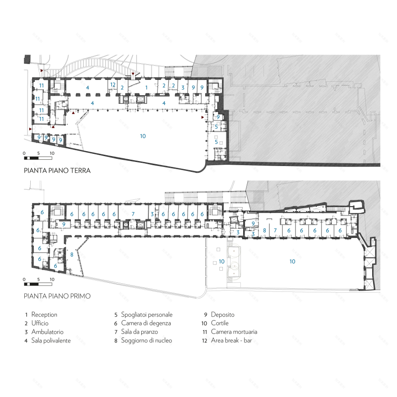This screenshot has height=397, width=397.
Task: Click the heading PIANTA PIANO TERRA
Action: (57, 171)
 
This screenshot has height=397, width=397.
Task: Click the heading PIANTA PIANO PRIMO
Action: (57, 296)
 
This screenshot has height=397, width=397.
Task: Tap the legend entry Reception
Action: (44, 315)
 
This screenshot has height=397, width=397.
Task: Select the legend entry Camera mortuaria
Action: (234, 332)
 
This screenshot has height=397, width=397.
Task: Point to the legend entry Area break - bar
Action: (231, 341)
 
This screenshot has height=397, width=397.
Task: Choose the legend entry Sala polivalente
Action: (51, 341)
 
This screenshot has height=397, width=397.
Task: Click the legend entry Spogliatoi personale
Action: (147, 315)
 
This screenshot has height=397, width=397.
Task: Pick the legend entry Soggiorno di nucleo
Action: (147, 341)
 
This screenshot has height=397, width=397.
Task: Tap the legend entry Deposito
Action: (223, 315)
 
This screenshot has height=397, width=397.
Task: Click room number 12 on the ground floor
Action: (113, 84)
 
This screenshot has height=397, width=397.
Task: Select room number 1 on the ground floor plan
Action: (146, 88)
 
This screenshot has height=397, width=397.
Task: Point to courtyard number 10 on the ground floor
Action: (143, 136)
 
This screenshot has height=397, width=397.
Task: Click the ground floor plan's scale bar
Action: (38, 158)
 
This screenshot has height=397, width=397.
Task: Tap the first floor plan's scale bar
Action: (38, 284)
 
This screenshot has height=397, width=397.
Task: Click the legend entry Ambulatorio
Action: (47, 332)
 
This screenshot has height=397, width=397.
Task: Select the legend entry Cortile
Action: (220, 323)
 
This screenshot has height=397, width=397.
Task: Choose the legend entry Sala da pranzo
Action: (139, 332)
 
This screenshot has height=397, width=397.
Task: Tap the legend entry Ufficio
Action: (40, 323)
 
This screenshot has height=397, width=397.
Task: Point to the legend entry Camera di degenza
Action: (146, 323)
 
